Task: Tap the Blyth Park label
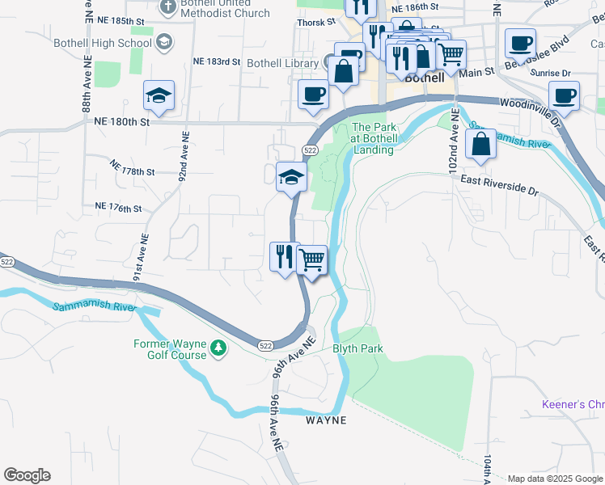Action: [x=357, y=349]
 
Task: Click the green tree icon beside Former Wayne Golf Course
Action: [x=218, y=348]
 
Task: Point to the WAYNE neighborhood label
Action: [x=326, y=420]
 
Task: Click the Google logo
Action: [x=27, y=475]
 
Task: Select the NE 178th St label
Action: [x=131, y=171]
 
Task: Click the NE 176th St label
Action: [x=118, y=209]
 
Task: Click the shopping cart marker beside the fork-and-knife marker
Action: [x=311, y=260]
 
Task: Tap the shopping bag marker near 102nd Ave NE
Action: [x=481, y=145]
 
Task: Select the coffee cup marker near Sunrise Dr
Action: [x=564, y=95]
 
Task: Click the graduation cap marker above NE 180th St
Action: [x=159, y=96]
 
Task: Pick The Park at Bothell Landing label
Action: [x=373, y=138]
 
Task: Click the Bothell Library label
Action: [x=282, y=63]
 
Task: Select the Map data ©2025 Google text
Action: [x=555, y=478]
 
